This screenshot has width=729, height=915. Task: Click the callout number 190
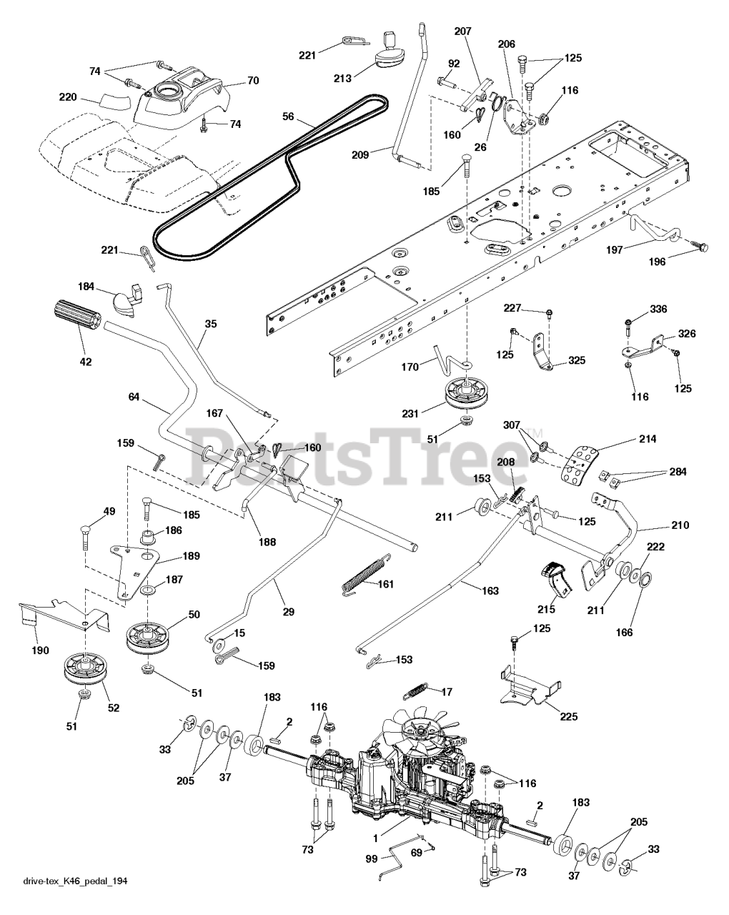[x=40, y=650]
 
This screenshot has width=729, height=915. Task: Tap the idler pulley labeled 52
[x=81, y=669]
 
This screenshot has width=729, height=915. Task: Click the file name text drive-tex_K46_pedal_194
[x=75, y=901]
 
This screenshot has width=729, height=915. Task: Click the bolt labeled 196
[x=698, y=246]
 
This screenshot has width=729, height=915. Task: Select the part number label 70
[x=252, y=81]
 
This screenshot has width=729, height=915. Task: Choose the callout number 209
[x=362, y=153]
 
